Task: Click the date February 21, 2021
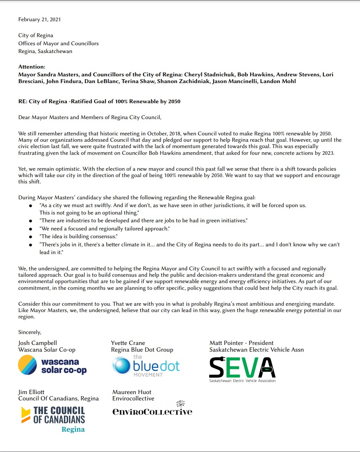[x=40, y=19]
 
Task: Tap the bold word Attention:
[x=32, y=67]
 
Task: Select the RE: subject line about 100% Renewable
[x=99, y=101]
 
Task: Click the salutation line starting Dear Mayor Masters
[x=90, y=117]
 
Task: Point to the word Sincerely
[x=30, y=332]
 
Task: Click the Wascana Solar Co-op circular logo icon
[x=27, y=365]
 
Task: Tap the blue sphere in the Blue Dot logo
[x=122, y=365]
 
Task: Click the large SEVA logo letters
[x=242, y=367]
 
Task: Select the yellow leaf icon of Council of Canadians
[x=26, y=415]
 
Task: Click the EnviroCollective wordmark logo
[x=152, y=412]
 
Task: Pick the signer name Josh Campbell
[x=37, y=343]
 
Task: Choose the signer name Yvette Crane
[x=128, y=343]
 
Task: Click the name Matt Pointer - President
[x=241, y=343]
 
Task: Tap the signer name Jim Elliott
[x=31, y=392]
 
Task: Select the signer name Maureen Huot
[x=132, y=392]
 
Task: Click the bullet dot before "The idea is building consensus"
[x=31, y=237]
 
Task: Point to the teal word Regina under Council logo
[x=73, y=429]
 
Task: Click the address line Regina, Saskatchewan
[x=45, y=51]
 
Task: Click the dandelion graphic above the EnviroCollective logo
[x=181, y=403]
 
